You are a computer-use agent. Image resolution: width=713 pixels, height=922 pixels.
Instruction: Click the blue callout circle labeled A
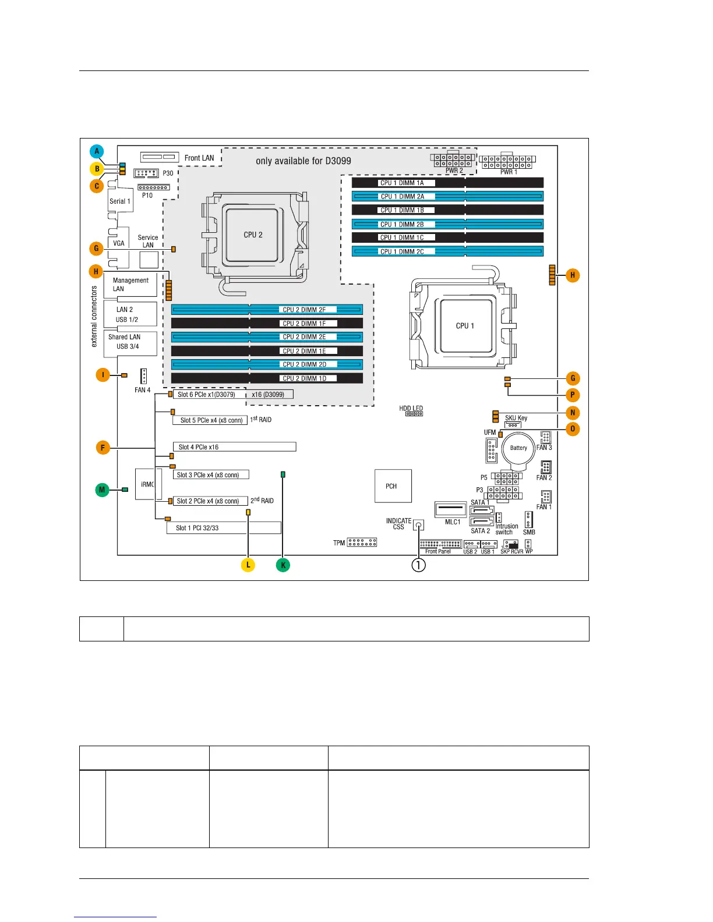click(97, 151)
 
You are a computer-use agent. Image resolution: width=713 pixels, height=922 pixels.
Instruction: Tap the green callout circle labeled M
click(102, 490)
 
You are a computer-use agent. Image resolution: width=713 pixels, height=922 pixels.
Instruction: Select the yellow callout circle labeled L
click(248, 565)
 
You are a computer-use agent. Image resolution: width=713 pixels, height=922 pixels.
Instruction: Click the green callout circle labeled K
click(283, 565)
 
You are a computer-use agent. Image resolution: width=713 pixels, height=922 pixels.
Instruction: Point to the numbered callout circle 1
click(418, 565)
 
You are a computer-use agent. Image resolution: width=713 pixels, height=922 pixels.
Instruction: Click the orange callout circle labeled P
click(573, 395)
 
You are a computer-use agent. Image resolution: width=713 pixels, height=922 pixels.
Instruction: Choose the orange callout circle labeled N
click(573, 413)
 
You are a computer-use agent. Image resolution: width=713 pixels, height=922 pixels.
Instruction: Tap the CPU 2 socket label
click(253, 235)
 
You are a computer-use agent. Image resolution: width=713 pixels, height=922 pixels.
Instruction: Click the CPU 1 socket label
click(465, 326)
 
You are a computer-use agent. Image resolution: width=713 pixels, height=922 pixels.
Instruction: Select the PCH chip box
click(393, 486)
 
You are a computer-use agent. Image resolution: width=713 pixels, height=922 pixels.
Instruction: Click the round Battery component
click(518, 448)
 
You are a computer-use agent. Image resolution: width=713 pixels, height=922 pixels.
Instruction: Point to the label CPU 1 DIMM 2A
click(403, 197)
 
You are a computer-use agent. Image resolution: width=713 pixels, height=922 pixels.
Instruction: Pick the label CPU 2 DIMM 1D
click(305, 378)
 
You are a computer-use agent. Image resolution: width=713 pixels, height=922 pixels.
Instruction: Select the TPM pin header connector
click(362, 542)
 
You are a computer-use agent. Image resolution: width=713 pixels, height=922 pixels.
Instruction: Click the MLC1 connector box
click(450, 509)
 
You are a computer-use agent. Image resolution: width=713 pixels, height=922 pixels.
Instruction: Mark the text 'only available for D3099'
click(303, 161)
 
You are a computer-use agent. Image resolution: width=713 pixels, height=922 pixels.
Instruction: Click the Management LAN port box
click(130, 285)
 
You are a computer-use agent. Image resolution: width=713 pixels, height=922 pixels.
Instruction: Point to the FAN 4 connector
click(143, 376)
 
